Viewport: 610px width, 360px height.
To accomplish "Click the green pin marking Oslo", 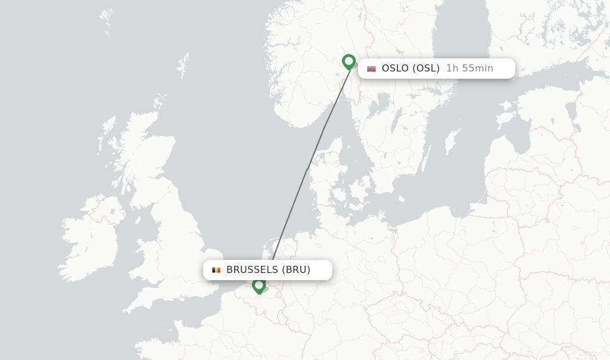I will (x=348, y=61).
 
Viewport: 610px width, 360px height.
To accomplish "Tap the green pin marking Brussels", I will (x=259, y=285).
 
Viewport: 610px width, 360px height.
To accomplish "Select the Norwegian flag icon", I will (x=371, y=69).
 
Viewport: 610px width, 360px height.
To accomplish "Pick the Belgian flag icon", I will (x=216, y=270).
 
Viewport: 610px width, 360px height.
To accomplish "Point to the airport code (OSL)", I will (x=426, y=69).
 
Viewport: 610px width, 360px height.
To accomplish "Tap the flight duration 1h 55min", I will (x=469, y=69).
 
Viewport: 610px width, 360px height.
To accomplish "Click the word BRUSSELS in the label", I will (x=252, y=270).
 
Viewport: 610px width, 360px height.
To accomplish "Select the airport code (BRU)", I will (x=296, y=270).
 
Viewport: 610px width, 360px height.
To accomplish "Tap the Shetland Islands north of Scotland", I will (x=183, y=63).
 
